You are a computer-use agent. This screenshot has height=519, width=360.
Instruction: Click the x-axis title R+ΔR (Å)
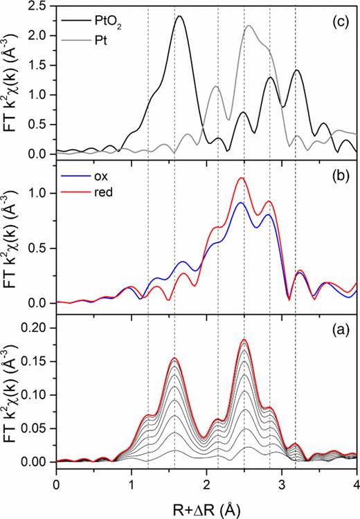(x=206, y=508)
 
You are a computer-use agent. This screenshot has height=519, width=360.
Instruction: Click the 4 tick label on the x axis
(x=356, y=485)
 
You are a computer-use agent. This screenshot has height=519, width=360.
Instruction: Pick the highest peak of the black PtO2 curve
(x=179, y=17)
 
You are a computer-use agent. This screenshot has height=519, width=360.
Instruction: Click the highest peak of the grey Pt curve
(x=249, y=26)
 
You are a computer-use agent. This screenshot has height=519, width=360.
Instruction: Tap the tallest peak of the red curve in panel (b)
(x=242, y=178)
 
